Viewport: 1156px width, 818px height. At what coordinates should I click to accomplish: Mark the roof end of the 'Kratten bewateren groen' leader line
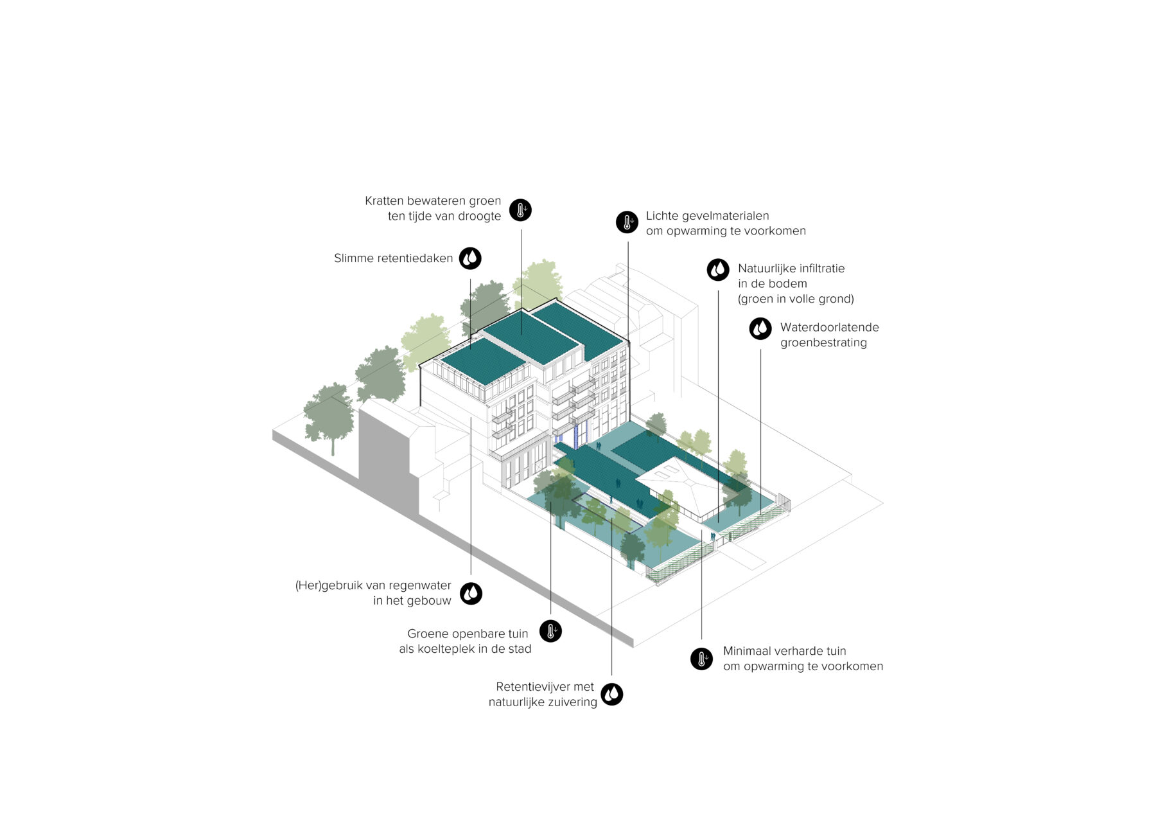coord(521,334)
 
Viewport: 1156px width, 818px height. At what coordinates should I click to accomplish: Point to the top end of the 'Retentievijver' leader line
coord(612,519)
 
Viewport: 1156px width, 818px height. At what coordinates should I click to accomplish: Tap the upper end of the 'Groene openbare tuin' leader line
coord(551,502)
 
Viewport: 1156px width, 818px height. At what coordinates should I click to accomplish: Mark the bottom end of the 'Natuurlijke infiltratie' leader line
coord(718,522)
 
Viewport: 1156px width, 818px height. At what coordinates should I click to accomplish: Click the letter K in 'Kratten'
coord(369,201)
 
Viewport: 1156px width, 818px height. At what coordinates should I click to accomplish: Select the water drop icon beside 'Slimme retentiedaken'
coord(471,258)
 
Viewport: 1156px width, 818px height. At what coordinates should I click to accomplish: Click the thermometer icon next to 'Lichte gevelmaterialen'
coord(627,222)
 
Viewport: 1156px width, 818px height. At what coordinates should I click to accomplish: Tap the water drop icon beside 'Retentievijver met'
coord(612,694)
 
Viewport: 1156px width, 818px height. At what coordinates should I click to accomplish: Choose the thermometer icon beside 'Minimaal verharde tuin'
coord(702,659)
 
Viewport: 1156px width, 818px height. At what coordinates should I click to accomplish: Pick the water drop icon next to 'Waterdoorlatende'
coord(761,329)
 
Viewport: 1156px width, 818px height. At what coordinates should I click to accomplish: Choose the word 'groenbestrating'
coord(824,343)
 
